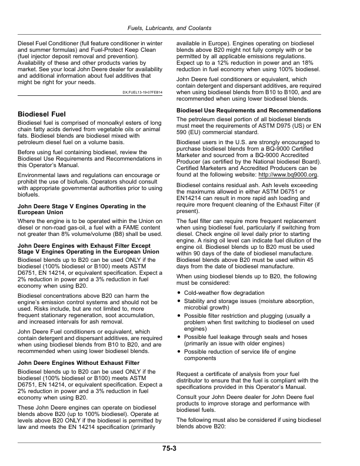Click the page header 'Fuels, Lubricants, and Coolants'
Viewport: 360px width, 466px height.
coord(179,28)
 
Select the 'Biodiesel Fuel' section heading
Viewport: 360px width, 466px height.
coord(43,112)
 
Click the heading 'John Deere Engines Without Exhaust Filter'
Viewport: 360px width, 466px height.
coord(79,363)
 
